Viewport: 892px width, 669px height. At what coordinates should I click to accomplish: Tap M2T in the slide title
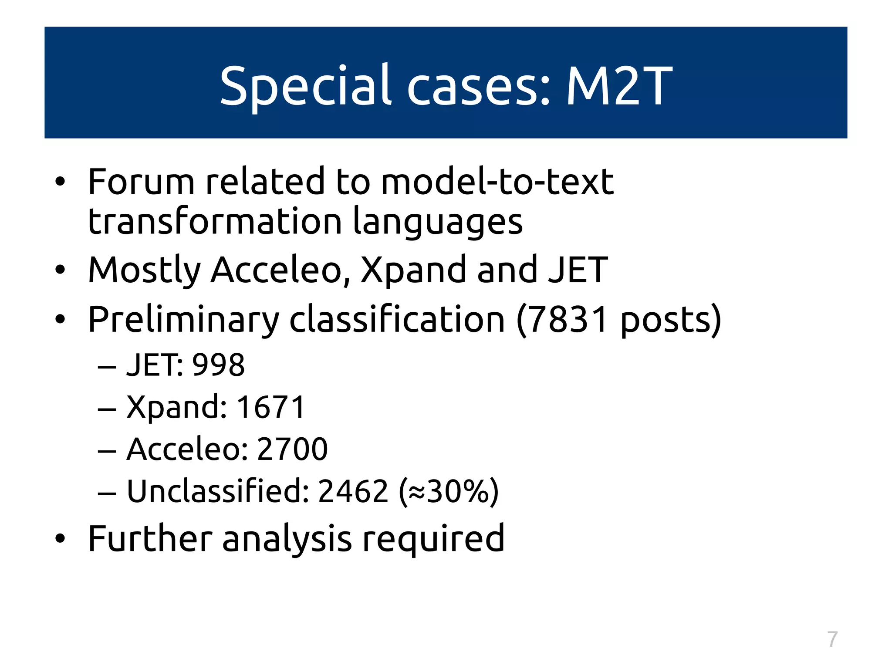(x=619, y=86)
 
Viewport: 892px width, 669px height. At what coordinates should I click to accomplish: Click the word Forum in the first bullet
(x=141, y=182)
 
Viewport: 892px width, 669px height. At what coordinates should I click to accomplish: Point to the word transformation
(x=215, y=221)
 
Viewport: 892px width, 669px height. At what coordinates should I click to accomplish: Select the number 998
(x=219, y=365)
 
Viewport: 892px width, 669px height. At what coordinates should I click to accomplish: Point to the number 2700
(x=292, y=449)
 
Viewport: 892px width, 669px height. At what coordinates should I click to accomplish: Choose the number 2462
(x=353, y=491)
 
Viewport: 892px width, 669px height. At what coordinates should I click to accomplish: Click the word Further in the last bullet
(x=150, y=539)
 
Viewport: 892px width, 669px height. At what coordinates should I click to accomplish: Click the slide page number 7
(x=832, y=639)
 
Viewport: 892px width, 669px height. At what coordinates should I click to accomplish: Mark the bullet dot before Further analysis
(x=60, y=539)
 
